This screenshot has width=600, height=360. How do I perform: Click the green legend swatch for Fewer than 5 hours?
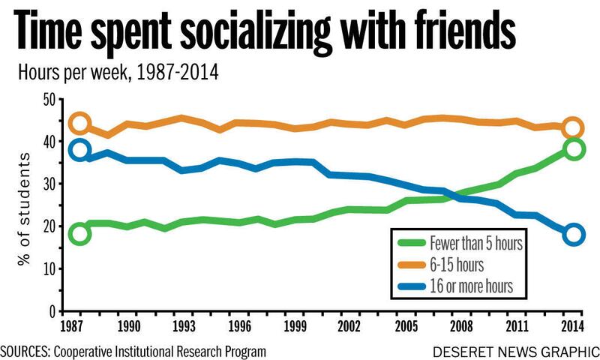click(x=412, y=242)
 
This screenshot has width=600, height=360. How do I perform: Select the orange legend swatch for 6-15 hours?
click(x=412, y=265)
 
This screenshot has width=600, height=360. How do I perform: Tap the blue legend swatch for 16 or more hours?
click(x=412, y=286)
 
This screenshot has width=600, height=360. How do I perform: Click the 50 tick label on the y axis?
click(x=50, y=100)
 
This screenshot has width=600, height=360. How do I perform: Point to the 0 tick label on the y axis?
click(x=52, y=312)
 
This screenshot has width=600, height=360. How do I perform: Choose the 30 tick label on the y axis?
click(x=50, y=184)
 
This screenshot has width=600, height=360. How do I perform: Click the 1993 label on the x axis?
click(x=184, y=326)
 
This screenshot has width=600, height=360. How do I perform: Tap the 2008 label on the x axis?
click(x=461, y=326)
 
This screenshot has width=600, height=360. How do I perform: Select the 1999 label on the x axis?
click(x=295, y=326)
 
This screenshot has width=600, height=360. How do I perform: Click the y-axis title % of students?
click(x=24, y=209)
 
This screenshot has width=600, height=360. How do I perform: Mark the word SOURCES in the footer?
click(x=25, y=351)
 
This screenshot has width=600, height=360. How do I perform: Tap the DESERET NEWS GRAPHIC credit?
click(x=516, y=352)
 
